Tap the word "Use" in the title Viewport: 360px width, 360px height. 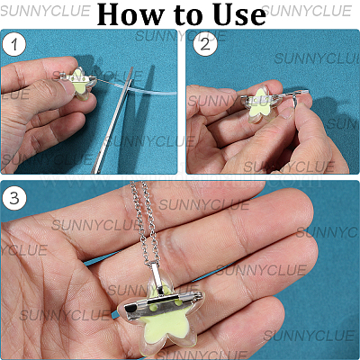point(241,14)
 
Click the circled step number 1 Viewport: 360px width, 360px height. point(13,45)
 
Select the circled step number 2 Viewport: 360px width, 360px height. point(205,45)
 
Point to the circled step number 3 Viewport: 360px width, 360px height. point(14,198)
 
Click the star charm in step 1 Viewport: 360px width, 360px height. point(82,84)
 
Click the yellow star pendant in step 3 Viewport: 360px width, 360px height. point(162,317)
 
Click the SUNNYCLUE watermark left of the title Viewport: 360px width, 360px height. point(45,12)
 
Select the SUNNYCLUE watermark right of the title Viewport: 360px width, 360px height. point(306,12)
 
